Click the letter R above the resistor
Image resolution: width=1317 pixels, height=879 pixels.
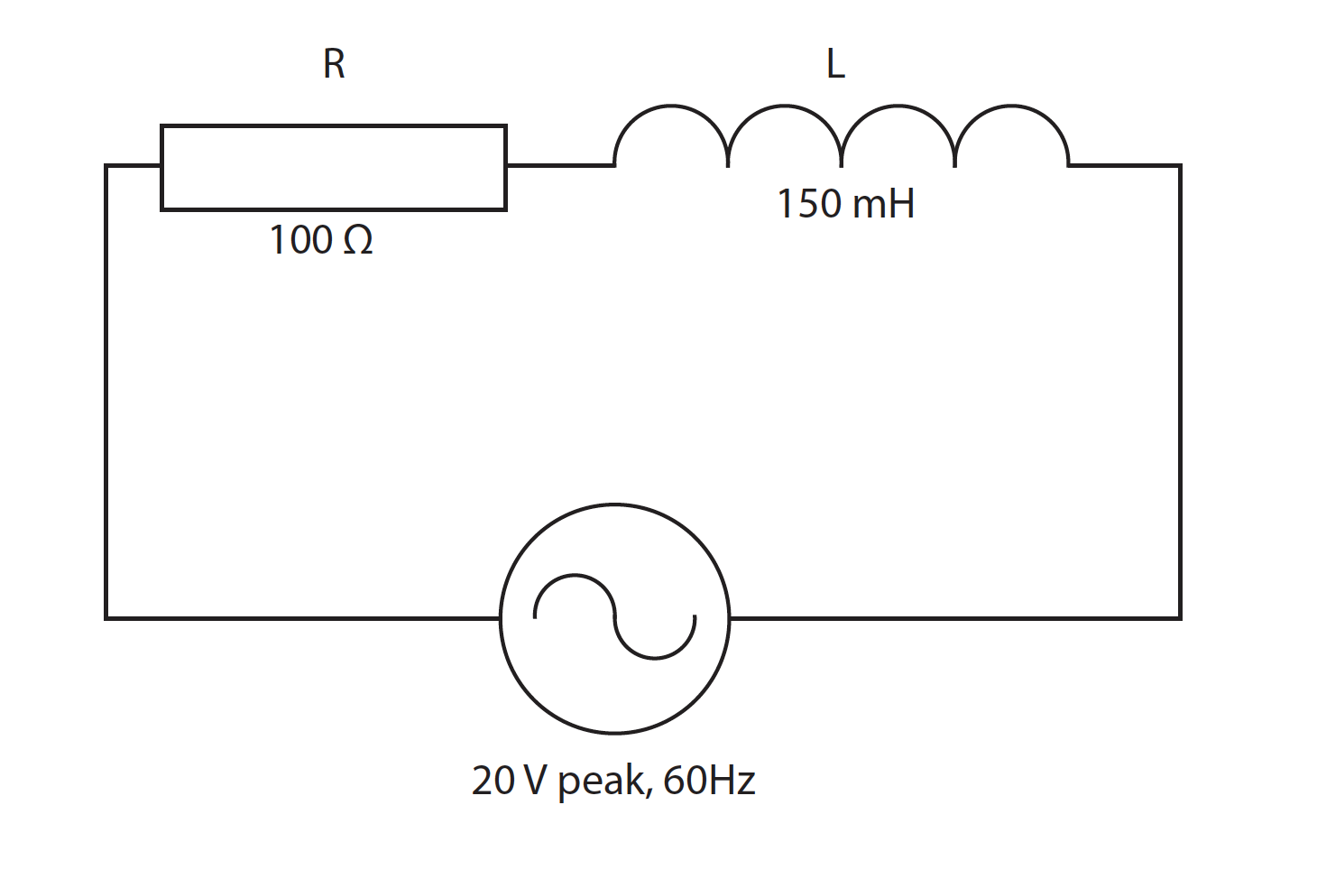[x=334, y=63]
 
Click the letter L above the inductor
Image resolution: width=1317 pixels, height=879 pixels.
[x=835, y=63]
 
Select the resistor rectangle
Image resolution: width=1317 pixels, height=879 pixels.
[x=334, y=125]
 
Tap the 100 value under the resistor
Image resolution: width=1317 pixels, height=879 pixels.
[x=300, y=239]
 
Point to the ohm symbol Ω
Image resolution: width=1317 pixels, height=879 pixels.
[x=358, y=240]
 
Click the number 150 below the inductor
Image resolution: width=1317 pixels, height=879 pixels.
[x=810, y=204]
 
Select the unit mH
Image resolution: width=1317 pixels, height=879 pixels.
[x=883, y=204]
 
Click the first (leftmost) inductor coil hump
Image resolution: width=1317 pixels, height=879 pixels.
[x=671, y=106]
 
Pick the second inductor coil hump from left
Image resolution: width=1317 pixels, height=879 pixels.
[x=784, y=106]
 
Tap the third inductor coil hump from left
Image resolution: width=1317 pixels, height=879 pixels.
[x=898, y=106]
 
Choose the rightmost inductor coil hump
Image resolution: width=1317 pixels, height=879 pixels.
[x=1011, y=106]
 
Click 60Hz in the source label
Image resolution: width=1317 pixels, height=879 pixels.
[x=709, y=780]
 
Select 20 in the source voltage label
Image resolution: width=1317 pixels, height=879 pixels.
[x=493, y=780]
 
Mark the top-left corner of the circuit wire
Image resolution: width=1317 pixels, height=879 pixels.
[x=106, y=166]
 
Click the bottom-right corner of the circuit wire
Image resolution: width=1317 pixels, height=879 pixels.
[x=1180, y=618]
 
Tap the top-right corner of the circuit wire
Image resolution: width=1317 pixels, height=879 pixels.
[x=1180, y=166]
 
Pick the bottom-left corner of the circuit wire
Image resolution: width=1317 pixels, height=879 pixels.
[x=106, y=618]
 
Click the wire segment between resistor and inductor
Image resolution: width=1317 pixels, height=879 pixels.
[x=560, y=166]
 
